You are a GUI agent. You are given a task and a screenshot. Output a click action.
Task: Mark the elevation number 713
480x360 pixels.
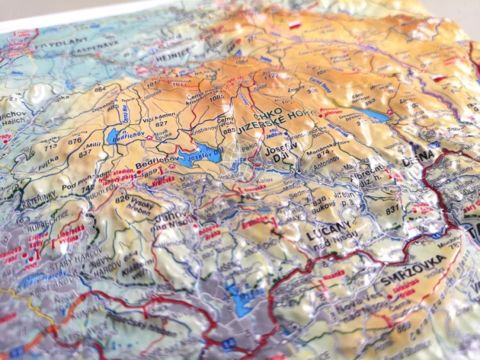click(51, 145)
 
